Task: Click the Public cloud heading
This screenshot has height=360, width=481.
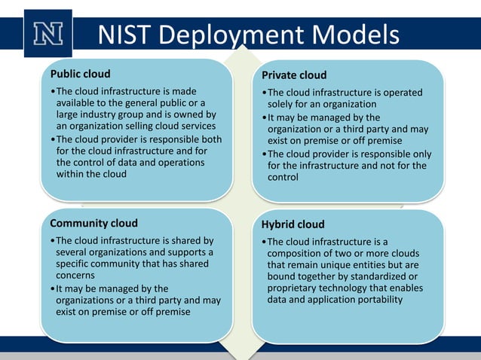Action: point(80,74)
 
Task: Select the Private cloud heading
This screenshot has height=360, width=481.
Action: point(294,75)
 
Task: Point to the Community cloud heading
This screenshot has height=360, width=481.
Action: point(93,223)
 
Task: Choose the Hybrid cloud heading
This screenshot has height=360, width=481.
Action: point(293,224)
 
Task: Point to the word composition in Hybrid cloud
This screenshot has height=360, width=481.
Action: point(295,253)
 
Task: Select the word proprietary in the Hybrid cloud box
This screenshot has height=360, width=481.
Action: point(296,288)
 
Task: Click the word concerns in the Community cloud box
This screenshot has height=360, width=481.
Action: point(75,276)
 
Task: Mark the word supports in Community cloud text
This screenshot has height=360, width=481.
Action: point(184,252)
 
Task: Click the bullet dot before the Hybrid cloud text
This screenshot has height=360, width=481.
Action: point(264,242)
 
